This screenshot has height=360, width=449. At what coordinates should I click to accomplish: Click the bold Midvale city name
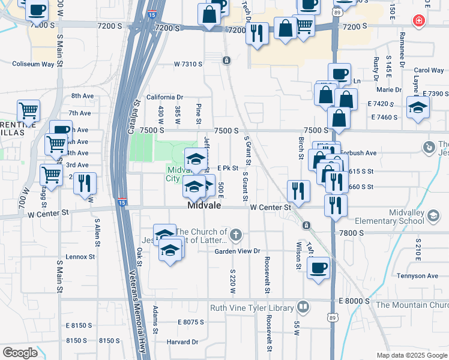point(205,205)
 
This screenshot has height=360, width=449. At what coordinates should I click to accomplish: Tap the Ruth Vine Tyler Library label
point(252,308)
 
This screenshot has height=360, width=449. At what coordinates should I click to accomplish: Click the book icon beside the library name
point(304,308)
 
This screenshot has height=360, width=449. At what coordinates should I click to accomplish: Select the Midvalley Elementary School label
point(406,217)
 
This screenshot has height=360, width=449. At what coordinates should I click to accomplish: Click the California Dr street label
point(164,97)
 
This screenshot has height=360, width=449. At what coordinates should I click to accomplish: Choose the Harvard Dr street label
point(182,342)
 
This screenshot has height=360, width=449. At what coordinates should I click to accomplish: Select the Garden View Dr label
point(237,251)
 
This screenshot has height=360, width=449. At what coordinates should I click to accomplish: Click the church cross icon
point(237,233)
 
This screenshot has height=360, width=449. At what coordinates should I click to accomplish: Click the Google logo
point(20,353)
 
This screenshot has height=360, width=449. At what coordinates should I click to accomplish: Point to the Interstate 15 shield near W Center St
point(122,202)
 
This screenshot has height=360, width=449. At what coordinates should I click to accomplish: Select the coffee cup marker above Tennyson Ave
point(318,268)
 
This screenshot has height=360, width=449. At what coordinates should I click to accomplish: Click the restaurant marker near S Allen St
point(85,183)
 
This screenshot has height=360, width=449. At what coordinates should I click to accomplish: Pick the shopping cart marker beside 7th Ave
point(28,111)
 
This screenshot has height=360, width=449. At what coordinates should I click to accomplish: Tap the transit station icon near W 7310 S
point(226,61)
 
